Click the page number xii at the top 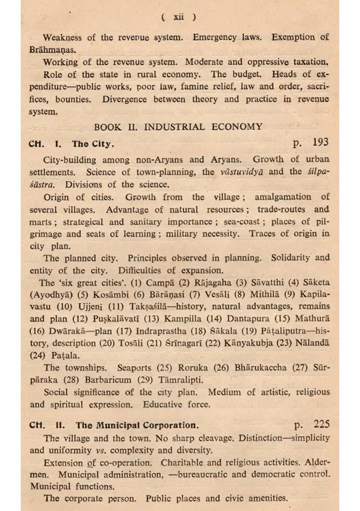pyautogui.click(x=179, y=17)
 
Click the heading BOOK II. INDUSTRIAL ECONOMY pyautogui.click(x=179, y=127)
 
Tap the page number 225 pyautogui.click(x=321, y=424)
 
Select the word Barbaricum pyautogui.click(x=110, y=380)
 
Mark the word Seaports pyautogui.click(x=134, y=368)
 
